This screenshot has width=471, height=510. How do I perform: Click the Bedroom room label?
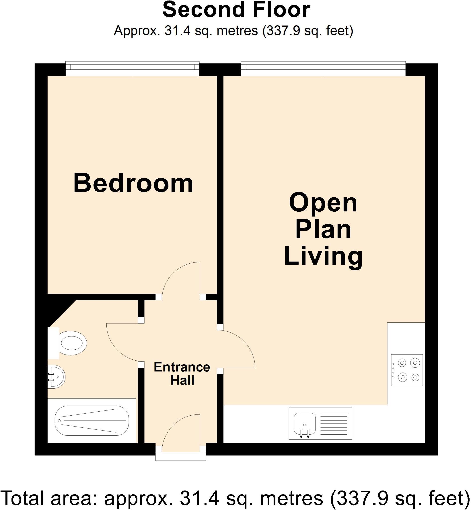pyautogui.click(x=133, y=183)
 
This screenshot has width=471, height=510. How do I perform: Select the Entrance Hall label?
pyautogui.click(x=182, y=374)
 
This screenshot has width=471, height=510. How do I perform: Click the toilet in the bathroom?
pyautogui.click(x=73, y=343)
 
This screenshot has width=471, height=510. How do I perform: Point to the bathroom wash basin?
pyautogui.click(x=57, y=377)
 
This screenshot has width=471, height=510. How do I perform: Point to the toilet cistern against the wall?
pyautogui.click(x=53, y=343)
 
